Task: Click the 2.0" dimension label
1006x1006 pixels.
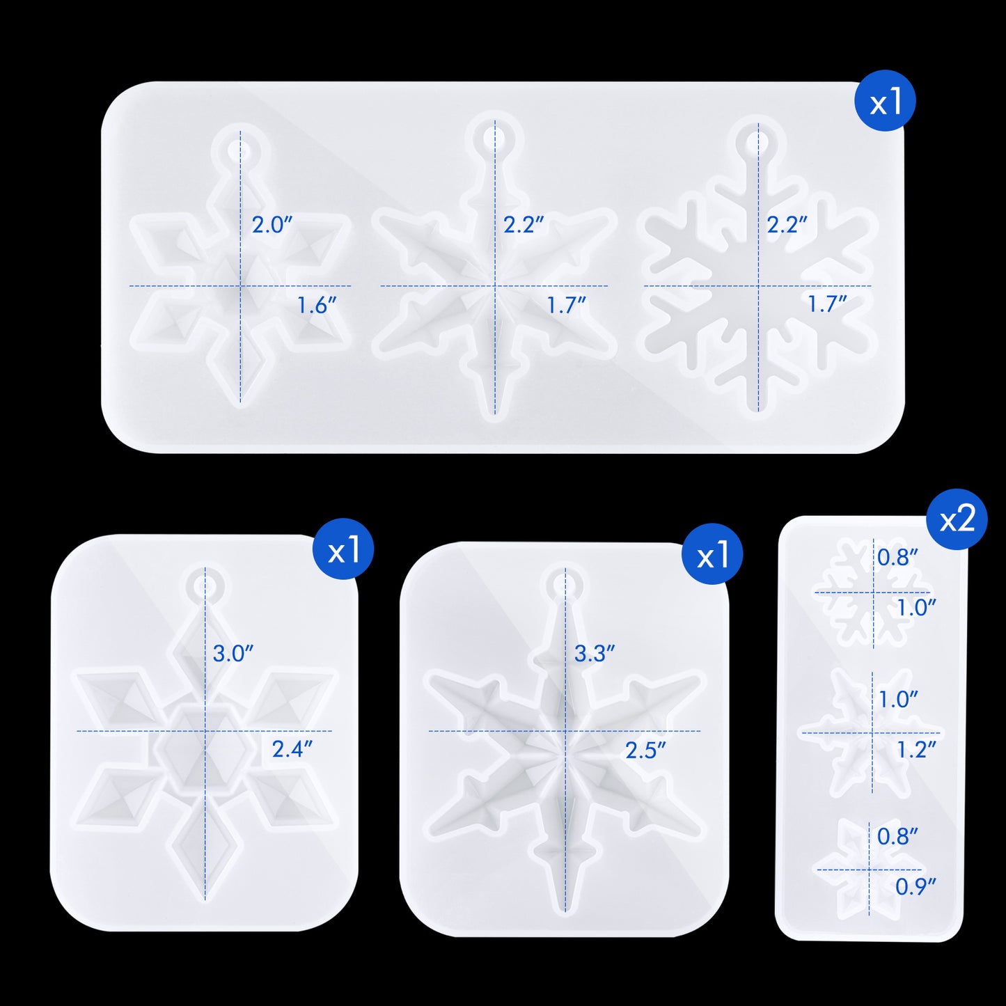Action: [x=272, y=225]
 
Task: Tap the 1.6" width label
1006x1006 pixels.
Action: [x=317, y=306]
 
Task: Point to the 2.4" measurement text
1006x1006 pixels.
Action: [x=292, y=750]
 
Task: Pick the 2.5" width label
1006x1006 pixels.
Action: [x=646, y=750]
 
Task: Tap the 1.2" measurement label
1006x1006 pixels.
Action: [x=916, y=750]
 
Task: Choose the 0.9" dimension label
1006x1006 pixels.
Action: [x=915, y=887]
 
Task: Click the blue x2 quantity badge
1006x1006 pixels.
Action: [x=957, y=519]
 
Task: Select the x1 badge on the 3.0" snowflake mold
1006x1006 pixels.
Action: [x=343, y=549]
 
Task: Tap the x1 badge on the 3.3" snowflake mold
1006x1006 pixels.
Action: [x=712, y=554]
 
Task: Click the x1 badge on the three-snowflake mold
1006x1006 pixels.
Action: [x=885, y=101]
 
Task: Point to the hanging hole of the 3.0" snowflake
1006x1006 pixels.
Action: [x=205, y=585]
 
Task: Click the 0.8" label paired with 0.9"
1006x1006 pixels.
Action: [x=897, y=837]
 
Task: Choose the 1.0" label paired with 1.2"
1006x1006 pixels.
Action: [x=898, y=700]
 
